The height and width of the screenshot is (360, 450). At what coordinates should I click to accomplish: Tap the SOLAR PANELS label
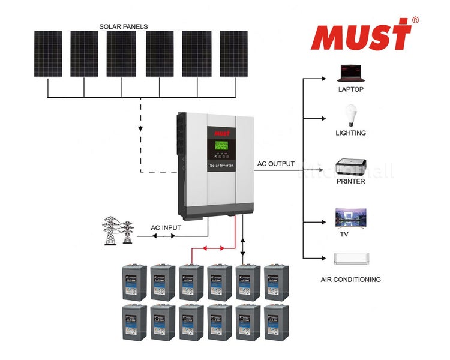pyautogui.click(x=124, y=26)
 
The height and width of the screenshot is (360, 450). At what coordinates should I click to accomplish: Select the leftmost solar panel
pyautogui.click(x=47, y=53)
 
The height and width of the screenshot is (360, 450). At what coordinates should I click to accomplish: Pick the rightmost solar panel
pyautogui.click(x=233, y=53)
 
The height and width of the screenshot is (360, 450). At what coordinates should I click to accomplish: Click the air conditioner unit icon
pyautogui.click(x=350, y=259)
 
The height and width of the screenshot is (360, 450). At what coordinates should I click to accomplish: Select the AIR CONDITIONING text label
pyautogui.click(x=350, y=280)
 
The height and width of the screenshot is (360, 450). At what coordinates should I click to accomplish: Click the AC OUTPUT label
pyautogui.click(x=276, y=164)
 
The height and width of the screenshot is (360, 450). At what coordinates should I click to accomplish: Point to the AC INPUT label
pyautogui.click(x=165, y=228)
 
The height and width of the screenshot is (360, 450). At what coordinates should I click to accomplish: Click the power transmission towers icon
pyautogui.click(x=118, y=230)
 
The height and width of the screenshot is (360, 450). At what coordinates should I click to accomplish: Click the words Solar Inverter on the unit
pyautogui.click(x=221, y=164)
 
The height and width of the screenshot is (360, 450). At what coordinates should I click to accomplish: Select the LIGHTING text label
pyautogui.click(x=350, y=133)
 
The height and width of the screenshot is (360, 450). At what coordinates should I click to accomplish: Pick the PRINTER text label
pyautogui.click(x=350, y=181)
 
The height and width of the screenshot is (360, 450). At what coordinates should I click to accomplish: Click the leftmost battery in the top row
pyautogui.click(x=134, y=282)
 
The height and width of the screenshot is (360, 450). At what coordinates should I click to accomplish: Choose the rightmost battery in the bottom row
pyautogui.click(x=276, y=322)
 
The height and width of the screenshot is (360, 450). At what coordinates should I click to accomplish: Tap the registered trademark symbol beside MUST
pyautogui.click(x=415, y=20)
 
